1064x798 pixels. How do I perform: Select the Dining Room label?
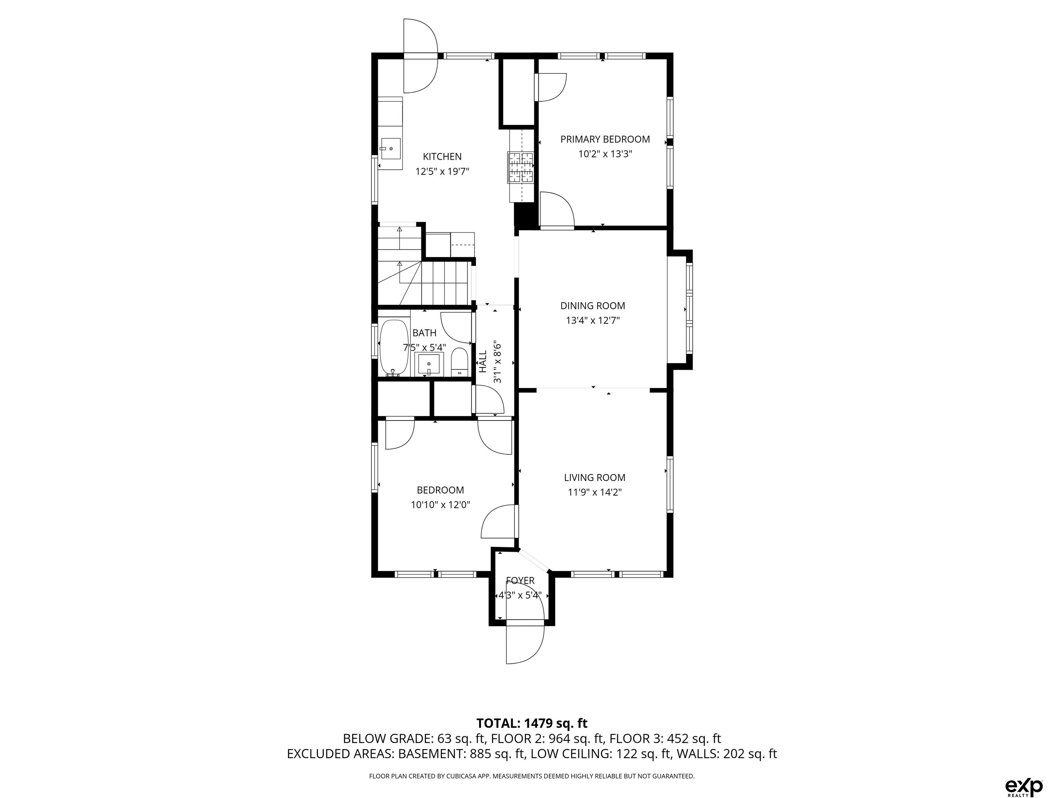point(593,306)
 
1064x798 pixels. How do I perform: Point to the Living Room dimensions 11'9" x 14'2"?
point(595,493)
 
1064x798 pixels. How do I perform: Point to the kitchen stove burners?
point(521,167)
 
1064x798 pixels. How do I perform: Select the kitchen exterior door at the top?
point(420,56)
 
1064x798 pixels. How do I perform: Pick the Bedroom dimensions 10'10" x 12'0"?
point(440,505)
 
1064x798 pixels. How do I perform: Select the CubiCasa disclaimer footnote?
point(532,776)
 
